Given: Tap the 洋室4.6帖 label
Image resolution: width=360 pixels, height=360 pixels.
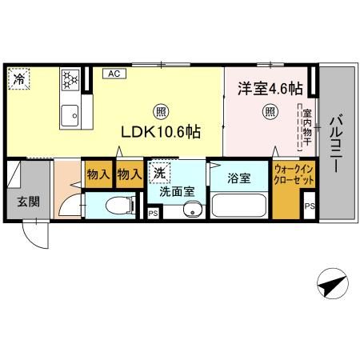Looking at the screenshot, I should pyautogui.click(x=270, y=89).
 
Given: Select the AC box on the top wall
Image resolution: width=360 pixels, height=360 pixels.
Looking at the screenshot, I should pyautogui.click(x=114, y=74).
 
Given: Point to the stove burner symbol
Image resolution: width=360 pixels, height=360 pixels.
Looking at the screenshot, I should pyautogui.click(x=70, y=81).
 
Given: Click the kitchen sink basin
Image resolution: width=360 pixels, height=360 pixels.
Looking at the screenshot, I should pyautogui.click(x=70, y=114).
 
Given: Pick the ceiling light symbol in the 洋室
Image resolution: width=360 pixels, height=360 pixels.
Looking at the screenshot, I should pyautogui.click(x=270, y=111).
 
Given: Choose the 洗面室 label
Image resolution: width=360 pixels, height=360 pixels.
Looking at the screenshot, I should pyautogui.click(x=177, y=192).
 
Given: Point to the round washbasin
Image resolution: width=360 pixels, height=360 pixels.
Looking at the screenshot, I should pyautogui.click(x=190, y=210).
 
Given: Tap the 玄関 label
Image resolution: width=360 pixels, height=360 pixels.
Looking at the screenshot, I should pyautogui.click(x=19, y=201).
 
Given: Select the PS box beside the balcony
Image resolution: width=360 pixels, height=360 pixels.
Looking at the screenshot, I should pyautogui.click(x=310, y=207).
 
